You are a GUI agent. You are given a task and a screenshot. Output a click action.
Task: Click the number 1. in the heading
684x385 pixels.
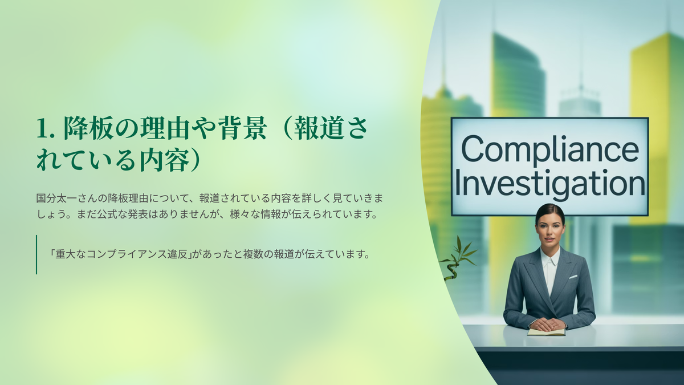46,128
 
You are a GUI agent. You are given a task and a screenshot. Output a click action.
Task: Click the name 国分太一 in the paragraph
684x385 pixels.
56,198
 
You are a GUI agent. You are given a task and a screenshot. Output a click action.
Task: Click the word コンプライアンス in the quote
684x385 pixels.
127,254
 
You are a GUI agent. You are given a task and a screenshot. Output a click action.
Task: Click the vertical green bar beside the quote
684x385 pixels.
36,254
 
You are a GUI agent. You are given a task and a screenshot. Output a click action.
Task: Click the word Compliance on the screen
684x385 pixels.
549,149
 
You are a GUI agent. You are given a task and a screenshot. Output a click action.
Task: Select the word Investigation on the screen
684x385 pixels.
549,183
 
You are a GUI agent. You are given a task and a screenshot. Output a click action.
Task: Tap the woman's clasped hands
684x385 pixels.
548,324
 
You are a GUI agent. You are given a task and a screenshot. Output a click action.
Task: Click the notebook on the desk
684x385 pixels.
547,333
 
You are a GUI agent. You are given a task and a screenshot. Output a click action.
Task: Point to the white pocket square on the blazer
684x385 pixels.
573,277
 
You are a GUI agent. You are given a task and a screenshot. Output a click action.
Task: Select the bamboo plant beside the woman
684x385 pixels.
457,258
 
